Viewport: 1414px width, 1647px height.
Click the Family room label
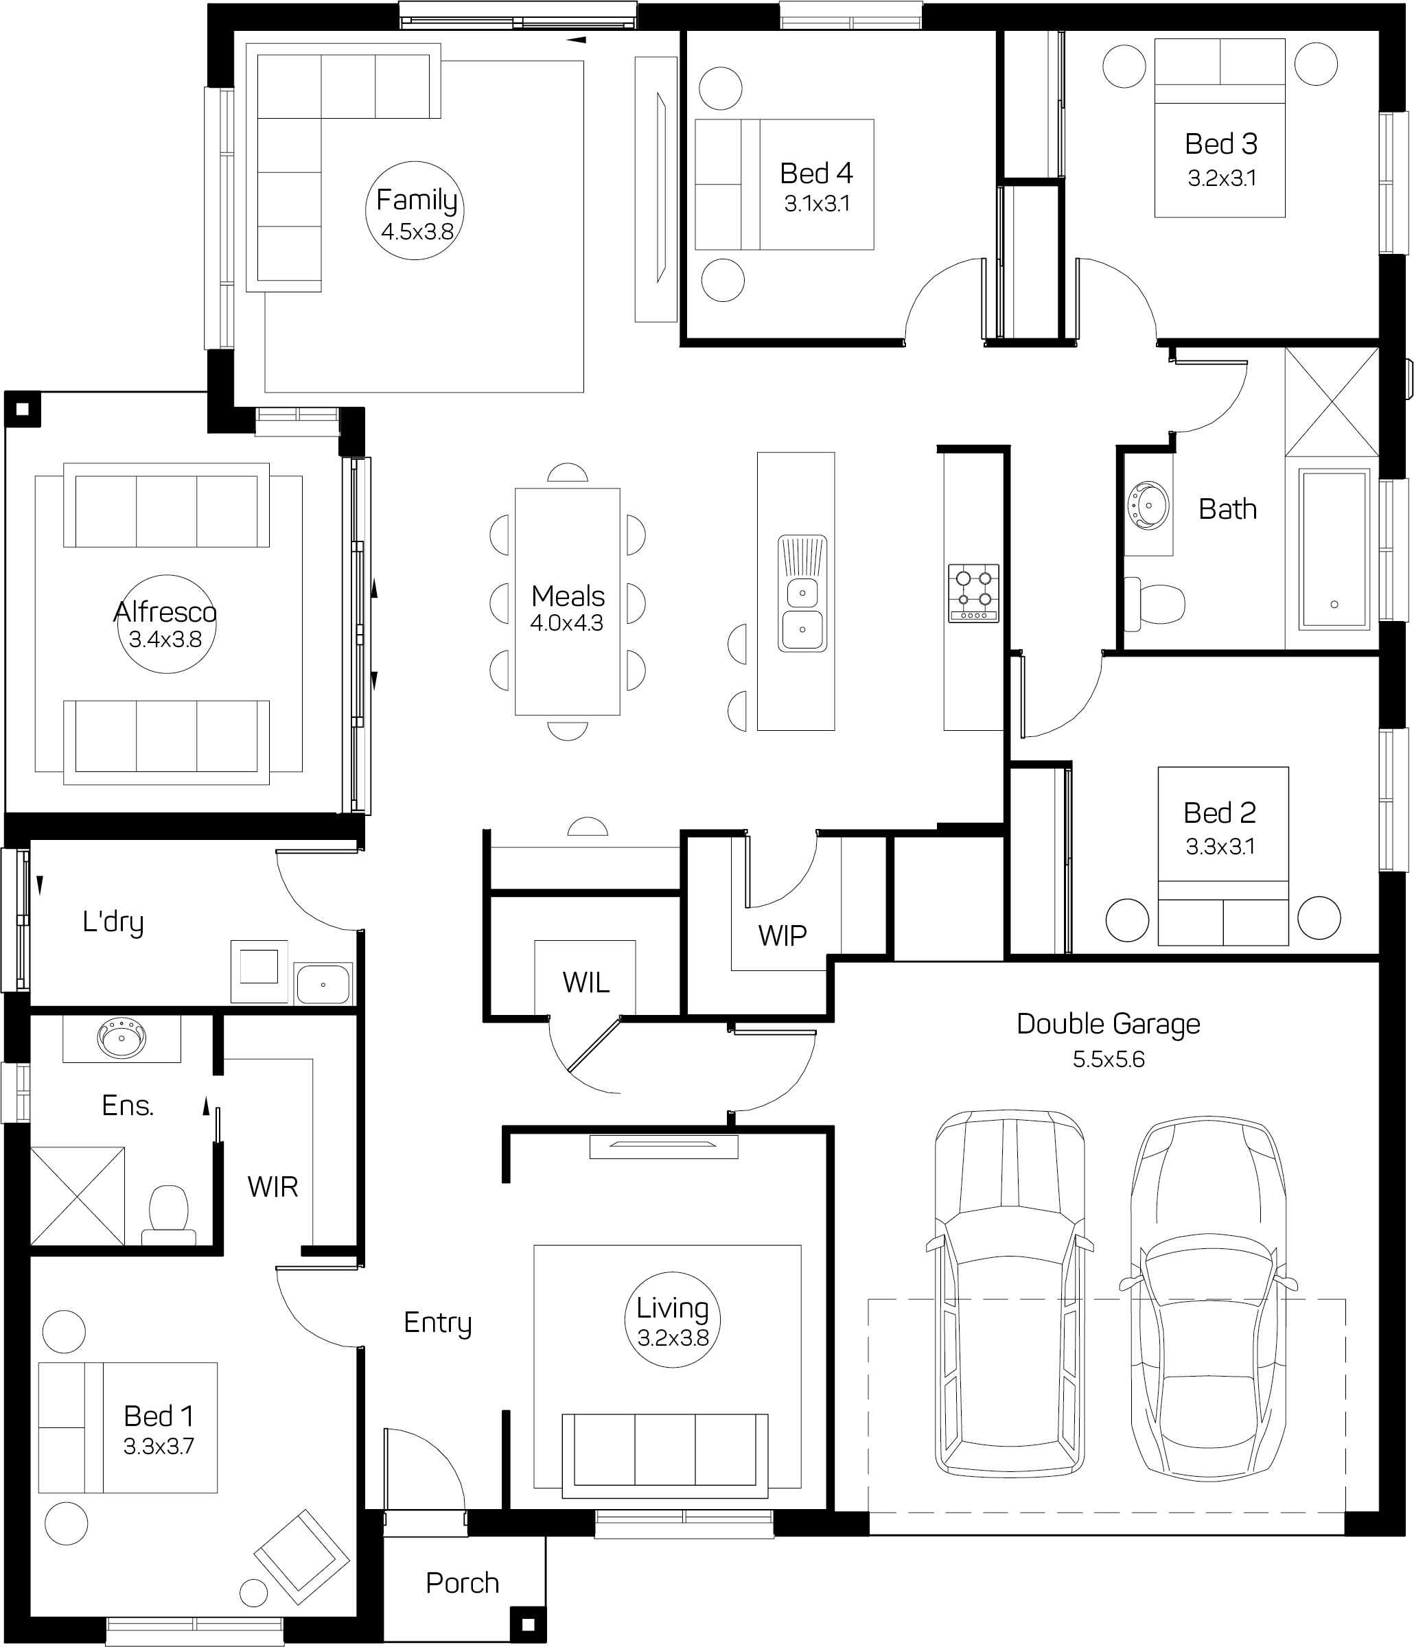[x=416, y=200]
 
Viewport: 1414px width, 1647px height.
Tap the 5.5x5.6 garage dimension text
[x=1108, y=1059]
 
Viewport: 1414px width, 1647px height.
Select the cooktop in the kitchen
[x=973, y=593]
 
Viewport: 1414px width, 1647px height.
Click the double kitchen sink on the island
[x=802, y=594]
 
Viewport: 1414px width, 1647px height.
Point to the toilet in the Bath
[x=1155, y=604]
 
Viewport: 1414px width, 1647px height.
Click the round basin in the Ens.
[x=121, y=1038]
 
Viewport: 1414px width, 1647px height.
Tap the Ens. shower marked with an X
[x=77, y=1195]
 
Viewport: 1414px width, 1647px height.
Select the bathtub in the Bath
[x=1334, y=549]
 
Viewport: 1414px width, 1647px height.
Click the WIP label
[x=782, y=935]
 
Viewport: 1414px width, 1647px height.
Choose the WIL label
[x=586, y=983]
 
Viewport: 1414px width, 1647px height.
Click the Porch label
[x=462, y=1582]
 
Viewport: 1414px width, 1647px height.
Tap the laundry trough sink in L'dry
[x=322, y=984]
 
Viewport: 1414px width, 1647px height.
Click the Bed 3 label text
[x=1220, y=144]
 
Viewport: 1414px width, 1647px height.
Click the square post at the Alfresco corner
[x=22, y=410]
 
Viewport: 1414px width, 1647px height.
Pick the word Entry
[x=437, y=1322]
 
